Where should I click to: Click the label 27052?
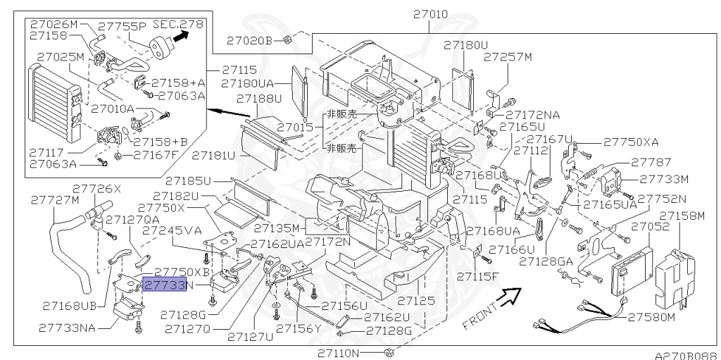point(649,226)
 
